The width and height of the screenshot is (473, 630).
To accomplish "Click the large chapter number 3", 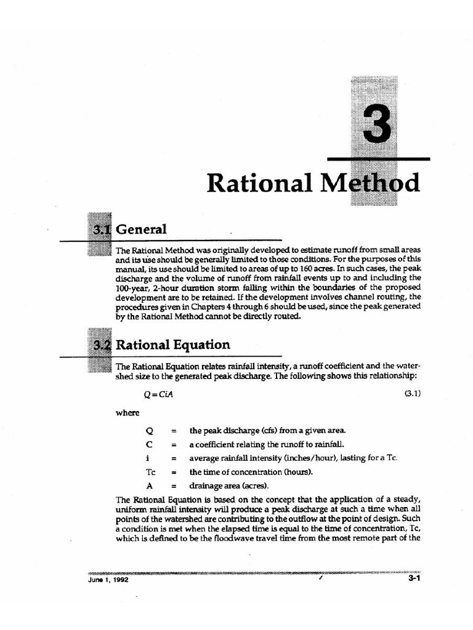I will [376, 124].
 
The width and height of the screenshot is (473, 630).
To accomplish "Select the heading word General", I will [142, 229].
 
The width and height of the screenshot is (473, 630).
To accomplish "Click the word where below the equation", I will [127, 412].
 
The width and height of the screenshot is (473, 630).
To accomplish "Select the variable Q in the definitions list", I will [149, 430].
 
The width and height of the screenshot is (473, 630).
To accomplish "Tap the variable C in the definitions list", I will [149, 444].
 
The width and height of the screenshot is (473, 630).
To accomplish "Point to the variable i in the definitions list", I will [148, 458].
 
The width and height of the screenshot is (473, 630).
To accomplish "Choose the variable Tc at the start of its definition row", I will [150, 472].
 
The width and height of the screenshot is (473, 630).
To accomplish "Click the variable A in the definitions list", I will [149, 485].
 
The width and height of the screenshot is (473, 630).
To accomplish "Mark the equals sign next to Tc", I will [174, 472].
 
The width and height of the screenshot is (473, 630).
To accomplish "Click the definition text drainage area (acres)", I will [220, 485].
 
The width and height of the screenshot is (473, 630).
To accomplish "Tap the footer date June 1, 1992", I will [109, 579].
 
